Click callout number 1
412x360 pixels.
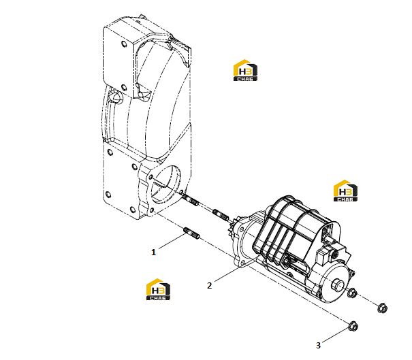click(153, 252)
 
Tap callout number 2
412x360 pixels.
click(209, 285)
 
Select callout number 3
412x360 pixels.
click(318, 345)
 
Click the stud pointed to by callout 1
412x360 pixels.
click(191, 233)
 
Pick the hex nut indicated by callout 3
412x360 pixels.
click(353, 327)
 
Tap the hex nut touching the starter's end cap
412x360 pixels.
click(351, 293)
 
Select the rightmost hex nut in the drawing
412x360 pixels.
click(382, 308)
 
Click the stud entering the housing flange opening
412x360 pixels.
click(191, 200)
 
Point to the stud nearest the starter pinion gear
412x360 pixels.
click(221, 214)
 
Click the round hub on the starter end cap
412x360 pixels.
click(338, 285)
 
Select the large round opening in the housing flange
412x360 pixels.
click(165, 184)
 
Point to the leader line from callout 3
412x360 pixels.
click(335, 336)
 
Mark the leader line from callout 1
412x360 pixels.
click(172, 242)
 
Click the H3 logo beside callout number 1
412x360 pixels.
click(158, 289)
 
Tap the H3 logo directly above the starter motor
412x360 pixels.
click(345, 191)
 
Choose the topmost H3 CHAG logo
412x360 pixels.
click(245, 70)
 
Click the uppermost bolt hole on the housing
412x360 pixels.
click(124, 44)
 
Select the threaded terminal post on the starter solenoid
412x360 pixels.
click(328, 237)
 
